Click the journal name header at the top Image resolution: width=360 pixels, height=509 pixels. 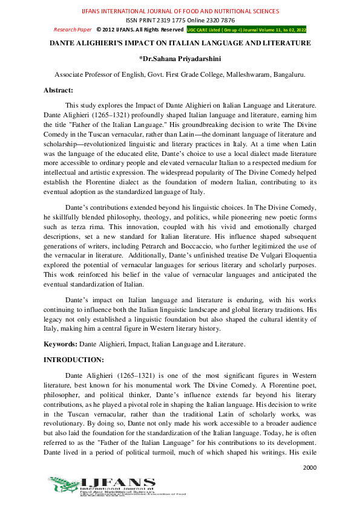coord(180,11)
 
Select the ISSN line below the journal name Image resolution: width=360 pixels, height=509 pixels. coord(180,20)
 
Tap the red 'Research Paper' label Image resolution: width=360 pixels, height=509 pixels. coord(73,29)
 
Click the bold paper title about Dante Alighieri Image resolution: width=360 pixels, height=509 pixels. coord(180,44)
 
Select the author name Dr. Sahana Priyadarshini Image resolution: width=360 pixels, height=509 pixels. coord(180,59)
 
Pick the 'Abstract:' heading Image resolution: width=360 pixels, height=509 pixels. coord(58,90)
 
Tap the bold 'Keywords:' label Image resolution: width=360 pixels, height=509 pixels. coord(61,344)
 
